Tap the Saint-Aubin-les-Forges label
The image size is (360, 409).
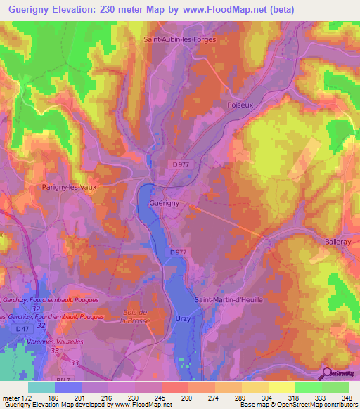179,40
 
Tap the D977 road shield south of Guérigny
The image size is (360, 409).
178,252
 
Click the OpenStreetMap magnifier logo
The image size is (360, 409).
328,372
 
